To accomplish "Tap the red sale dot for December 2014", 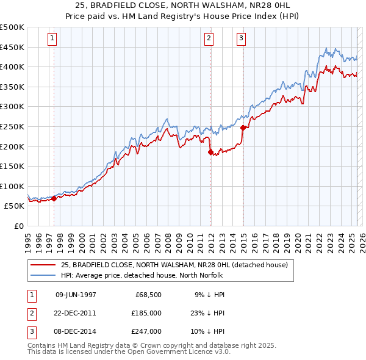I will pyautogui.click(x=243, y=128).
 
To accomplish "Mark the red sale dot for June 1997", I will pyautogui.click(x=54, y=198).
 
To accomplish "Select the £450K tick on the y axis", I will pyautogui.click(x=12, y=47).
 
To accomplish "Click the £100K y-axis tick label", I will pyautogui.click(x=12, y=186).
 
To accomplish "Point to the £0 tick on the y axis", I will pyautogui.click(x=18, y=226).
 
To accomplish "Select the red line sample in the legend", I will pyautogui.click(x=43, y=265).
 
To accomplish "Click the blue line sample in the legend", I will pyautogui.click(x=43, y=275).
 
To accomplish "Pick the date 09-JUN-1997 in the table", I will pyautogui.click(x=76, y=295).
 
